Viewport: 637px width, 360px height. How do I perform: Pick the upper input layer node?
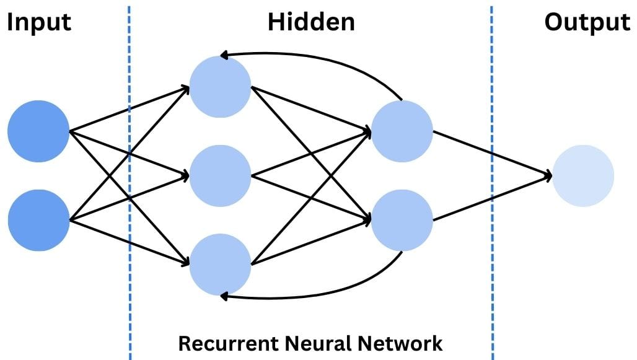(38, 131)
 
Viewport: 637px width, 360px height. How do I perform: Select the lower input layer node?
(38, 220)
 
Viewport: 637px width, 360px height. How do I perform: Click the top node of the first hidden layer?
(221, 87)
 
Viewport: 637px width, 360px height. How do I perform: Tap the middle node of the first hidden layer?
(221, 175)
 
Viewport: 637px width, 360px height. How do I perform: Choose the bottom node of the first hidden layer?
(221, 264)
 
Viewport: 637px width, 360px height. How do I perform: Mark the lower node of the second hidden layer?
(402, 220)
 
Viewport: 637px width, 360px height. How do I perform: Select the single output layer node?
(583, 175)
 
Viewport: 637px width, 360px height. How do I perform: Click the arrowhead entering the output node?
(547, 176)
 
